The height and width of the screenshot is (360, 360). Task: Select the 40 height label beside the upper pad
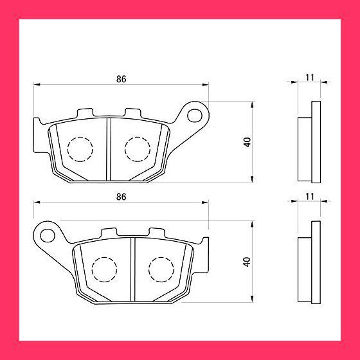[x=247, y=142]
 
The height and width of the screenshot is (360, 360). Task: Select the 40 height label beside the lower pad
[x=247, y=262]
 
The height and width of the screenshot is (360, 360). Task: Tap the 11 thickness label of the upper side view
[x=309, y=77]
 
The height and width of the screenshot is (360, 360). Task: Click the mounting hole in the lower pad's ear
[x=48, y=234]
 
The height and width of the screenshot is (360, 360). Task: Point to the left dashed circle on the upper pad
[x=79, y=150]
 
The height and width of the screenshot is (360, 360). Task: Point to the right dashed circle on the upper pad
[x=136, y=150]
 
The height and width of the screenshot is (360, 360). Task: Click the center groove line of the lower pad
[x=132, y=267]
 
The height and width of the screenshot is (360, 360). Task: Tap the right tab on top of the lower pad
[x=157, y=231]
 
